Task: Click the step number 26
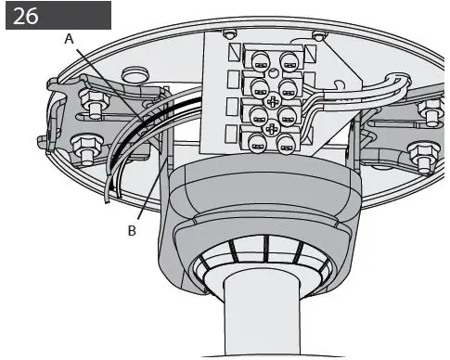(28, 16)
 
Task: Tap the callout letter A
(69, 38)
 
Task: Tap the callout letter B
(132, 230)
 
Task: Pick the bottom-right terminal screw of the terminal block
(284, 145)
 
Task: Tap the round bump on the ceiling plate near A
(135, 71)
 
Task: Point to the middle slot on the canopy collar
(266, 248)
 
